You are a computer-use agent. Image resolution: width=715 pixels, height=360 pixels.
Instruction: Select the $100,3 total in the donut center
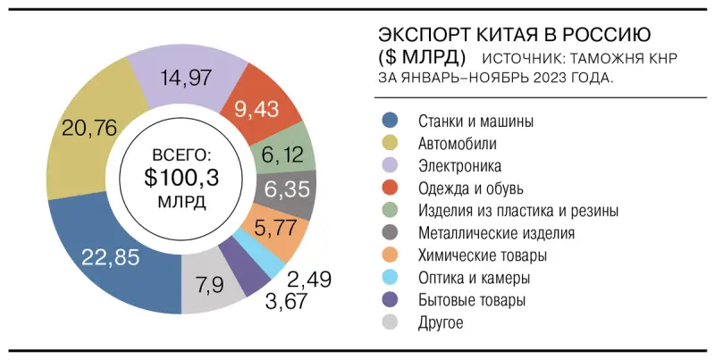[x=181, y=176]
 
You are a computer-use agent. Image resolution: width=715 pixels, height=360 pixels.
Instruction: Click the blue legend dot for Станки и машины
[x=390, y=121]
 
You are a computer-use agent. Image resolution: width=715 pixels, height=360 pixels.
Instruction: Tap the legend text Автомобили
[x=458, y=143]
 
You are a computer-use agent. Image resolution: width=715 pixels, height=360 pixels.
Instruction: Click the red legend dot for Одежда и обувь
[x=390, y=188]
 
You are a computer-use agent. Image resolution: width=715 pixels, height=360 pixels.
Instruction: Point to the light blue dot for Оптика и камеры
[x=390, y=278]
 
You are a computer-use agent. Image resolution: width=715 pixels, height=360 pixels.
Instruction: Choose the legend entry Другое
[x=441, y=323]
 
